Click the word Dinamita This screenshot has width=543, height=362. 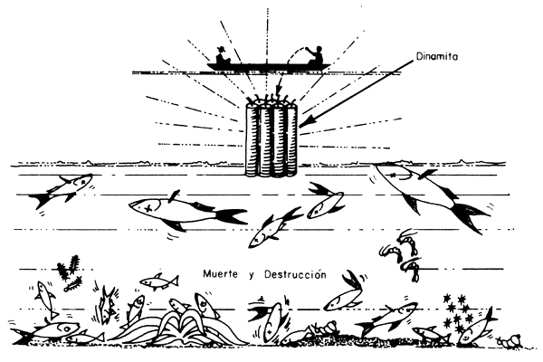coord(437,56)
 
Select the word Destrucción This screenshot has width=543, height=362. coord(295,274)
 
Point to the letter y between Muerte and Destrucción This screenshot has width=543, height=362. coord(251,275)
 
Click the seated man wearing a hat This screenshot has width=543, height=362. coord(222,55)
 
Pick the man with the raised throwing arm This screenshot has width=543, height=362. coord(316,55)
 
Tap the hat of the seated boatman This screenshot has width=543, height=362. coord(221,49)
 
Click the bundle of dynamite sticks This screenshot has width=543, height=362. coord(271,137)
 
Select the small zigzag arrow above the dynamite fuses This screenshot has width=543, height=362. coord(278,87)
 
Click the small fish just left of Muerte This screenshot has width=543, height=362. coord(159,281)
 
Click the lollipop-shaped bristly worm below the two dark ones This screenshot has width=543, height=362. coord(73,284)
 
